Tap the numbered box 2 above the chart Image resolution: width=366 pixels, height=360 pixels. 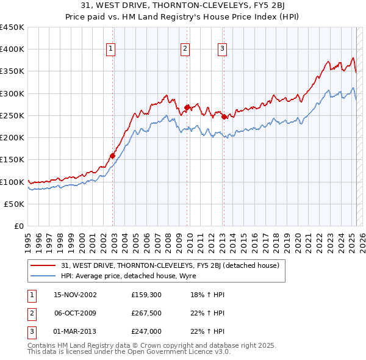click(185, 50)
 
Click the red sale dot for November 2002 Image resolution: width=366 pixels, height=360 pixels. click(112, 156)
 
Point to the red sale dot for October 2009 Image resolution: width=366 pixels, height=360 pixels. click(187, 107)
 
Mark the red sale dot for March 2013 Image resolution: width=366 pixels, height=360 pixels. click(224, 117)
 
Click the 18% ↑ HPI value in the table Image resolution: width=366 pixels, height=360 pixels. click(208, 295)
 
